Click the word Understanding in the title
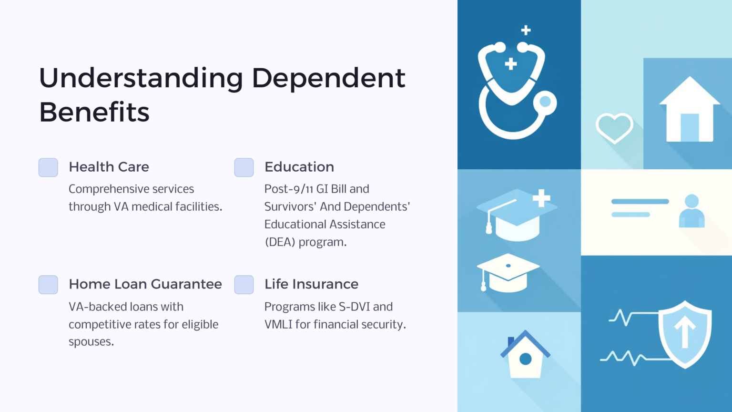(141, 78)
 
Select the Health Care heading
(109, 167)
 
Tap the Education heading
(299, 167)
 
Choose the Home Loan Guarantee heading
(145, 284)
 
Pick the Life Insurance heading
(311, 284)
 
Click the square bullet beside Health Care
(48, 167)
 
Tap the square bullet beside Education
(244, 167)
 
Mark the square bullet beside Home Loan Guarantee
(48, 285)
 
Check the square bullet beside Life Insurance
(244, 285)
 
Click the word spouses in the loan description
(91, 342)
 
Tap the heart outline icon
(614, 127)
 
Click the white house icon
(689, 111)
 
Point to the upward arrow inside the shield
(685, 331)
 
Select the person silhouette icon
(691, 211)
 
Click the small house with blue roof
(525, 355)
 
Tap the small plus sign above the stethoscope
(526, 30)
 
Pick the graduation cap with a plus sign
(517, 214)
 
